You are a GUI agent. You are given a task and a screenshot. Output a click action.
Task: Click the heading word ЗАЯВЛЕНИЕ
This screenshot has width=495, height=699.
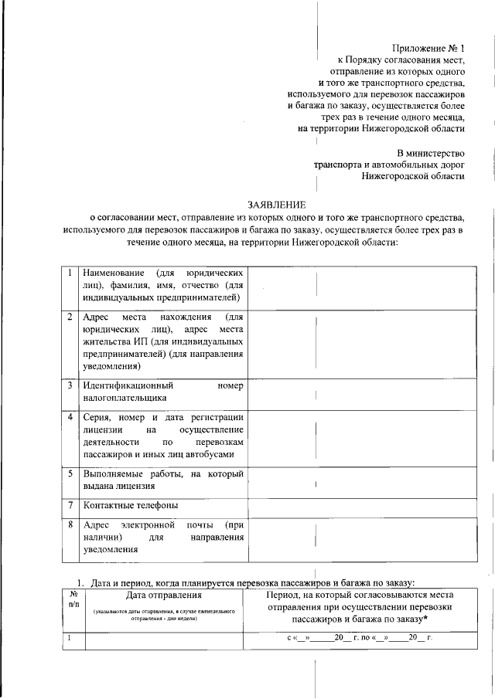tap(276, 205)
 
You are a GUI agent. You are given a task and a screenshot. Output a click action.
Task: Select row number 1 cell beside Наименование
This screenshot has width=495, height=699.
tap(69, 273)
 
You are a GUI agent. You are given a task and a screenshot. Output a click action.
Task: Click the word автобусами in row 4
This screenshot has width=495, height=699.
tap(219, 455)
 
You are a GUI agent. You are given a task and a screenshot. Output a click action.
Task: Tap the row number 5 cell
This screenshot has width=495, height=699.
tap(69, 473)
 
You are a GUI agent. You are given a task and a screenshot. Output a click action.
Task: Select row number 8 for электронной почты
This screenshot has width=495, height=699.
tap(69, 524)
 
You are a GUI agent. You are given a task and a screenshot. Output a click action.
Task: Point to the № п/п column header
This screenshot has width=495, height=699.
tap(73, 600)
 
